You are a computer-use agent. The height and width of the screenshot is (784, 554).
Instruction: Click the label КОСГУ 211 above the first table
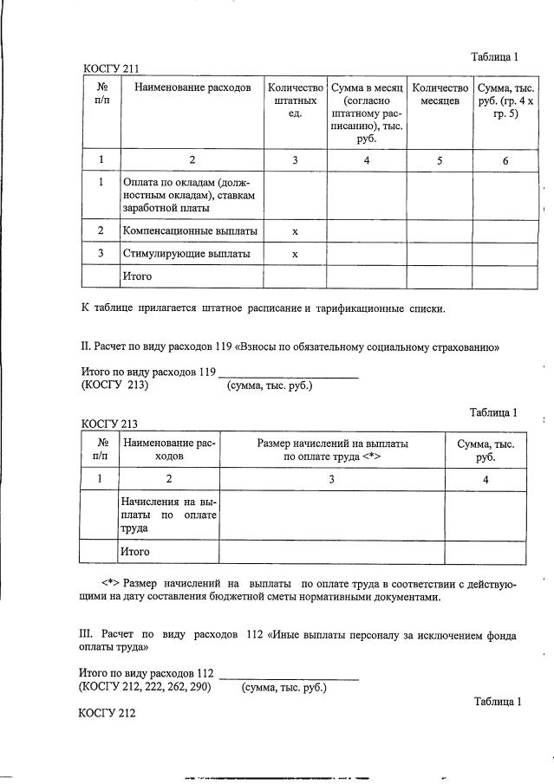[111, 69]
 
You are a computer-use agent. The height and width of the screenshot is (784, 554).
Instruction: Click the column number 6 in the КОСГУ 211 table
[505, 160]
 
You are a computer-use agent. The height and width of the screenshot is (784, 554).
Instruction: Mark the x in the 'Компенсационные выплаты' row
[295, 231]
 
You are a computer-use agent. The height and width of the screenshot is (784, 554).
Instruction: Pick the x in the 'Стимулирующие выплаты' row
[295, 255]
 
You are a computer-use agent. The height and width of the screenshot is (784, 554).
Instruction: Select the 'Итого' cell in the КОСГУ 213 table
[137, 552]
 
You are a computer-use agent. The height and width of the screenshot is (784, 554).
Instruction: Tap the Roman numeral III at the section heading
[87, 633]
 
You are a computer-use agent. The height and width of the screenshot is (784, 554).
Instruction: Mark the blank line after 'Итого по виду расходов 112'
[289, 675]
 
